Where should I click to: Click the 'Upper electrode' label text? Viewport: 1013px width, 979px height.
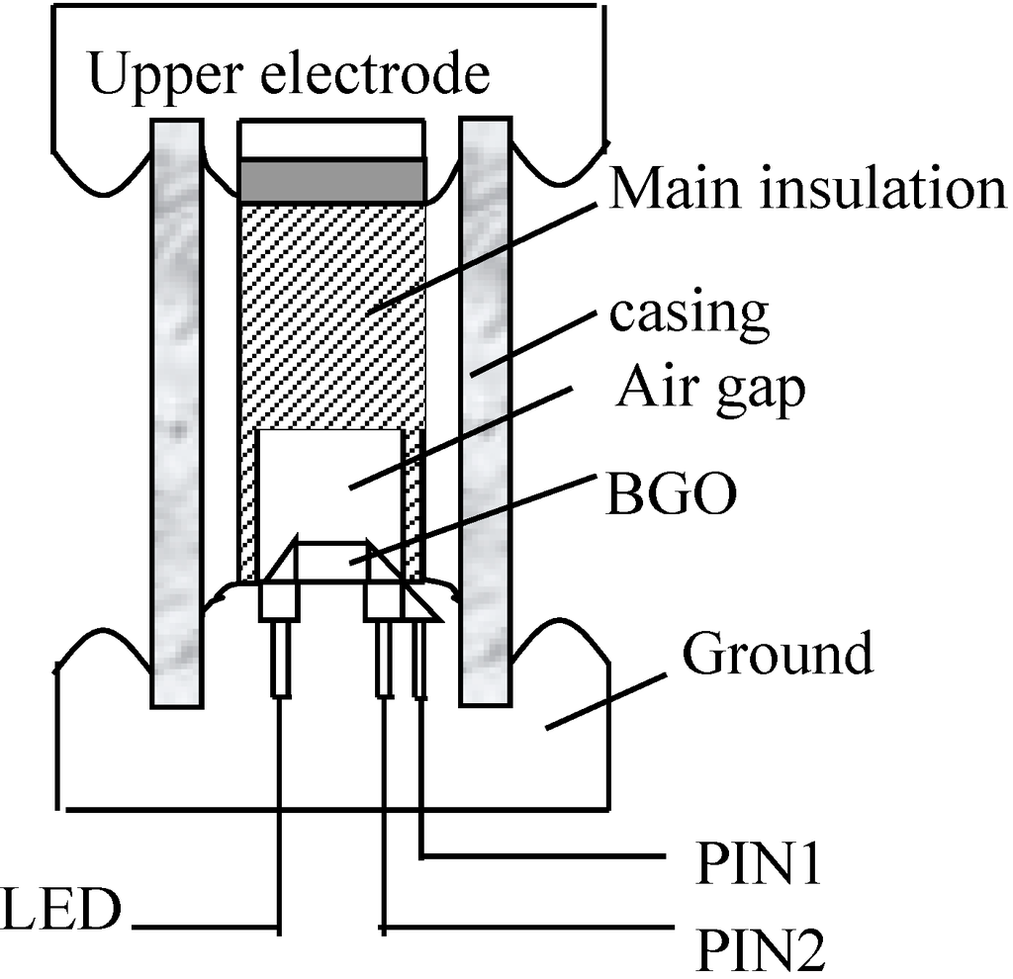click(289, 76)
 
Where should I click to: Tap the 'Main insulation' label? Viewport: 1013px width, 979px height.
click(805, 189)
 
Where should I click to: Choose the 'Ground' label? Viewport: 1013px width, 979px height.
click(779, 654)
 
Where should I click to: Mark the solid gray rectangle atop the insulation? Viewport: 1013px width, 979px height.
click(333, 181)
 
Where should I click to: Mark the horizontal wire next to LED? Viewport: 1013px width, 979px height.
click(203, 928)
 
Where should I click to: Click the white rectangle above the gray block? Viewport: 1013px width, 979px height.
click(333, 139)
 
